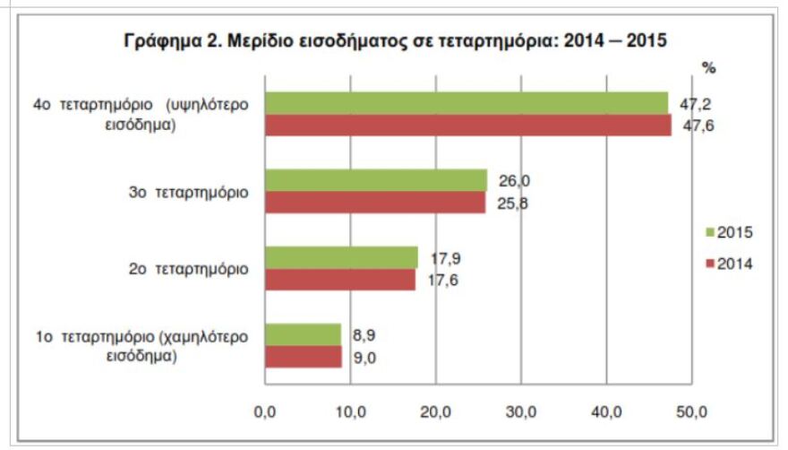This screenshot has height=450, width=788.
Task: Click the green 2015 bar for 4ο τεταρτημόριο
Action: pyautogui.click(x=466, y=103)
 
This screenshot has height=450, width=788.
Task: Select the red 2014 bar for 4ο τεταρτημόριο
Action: pyautogui.click(x=467, y=125)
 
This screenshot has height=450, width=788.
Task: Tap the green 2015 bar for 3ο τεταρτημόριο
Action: pyautogui.click(x=375, y=180)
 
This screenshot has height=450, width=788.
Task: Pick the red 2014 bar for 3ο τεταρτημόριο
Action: pyautogui.click(x=374, y=202)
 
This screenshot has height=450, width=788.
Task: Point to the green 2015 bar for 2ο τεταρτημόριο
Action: pyautogui.click(x=340, y=257)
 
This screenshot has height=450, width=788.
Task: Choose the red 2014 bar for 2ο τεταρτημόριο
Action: pyautogui.click(x=339, y=279)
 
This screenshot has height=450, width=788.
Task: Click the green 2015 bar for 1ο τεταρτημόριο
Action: pyautogui.click(x=302, y=334)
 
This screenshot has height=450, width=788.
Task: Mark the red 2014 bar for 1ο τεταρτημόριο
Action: pyautogui.click(x=303, y=356)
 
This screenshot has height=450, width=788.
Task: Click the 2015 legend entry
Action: pyautogui.click(x=729, y=233)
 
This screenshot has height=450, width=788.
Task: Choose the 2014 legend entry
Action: pyautogui.click(x=729, y=264)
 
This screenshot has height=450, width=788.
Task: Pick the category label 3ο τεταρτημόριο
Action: pyautogui.click(x=190, y=193)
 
